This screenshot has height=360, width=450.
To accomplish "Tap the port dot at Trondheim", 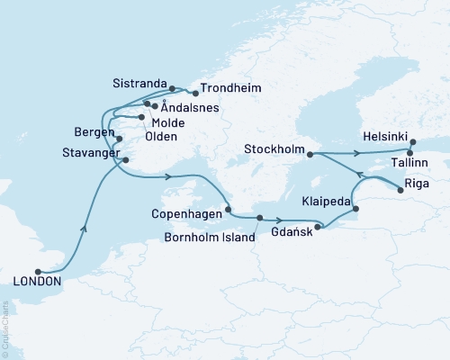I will click(194, 91).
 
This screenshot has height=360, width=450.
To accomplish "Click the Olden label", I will click(161, 137).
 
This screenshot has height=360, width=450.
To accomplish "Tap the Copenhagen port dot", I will click(228, 210).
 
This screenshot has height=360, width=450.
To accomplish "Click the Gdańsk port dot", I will click(316, 226).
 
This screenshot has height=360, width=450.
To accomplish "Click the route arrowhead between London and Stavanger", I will click(84, 229).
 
